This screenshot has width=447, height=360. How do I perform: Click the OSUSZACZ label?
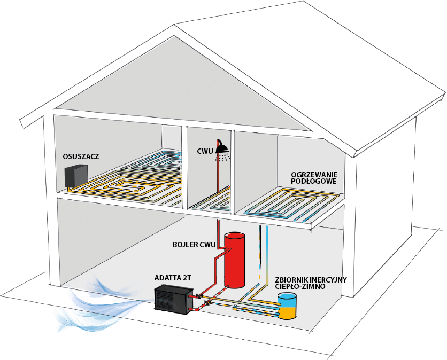click(x=81, y=156)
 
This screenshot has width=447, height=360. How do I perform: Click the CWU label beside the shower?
click(x=205, y=151)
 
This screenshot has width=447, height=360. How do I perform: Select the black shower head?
click(x=221, y=147)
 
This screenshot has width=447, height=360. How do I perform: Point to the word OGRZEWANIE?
click(x=314, y=175)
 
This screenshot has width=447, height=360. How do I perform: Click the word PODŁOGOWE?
click(x=313, y=181)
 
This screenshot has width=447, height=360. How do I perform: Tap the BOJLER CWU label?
click(x=194, y=245)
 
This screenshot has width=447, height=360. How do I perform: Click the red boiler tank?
click(x=235, y=260)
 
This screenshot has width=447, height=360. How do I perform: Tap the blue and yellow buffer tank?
click(x=287, y=306)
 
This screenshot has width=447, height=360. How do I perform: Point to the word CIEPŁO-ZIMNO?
click(x=300, y=286)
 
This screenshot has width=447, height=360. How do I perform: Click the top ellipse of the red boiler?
click(x=235, y=236)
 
